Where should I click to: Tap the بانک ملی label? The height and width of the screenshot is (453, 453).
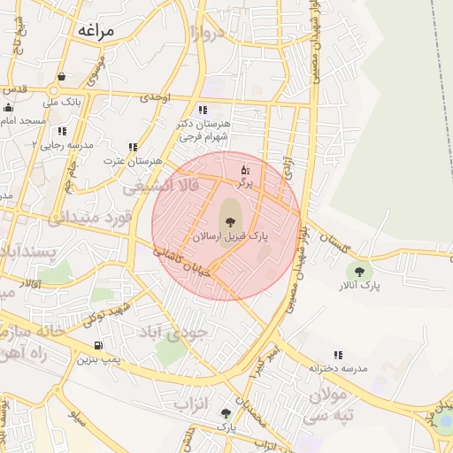point(62,102)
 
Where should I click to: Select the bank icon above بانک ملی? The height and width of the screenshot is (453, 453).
point(61,78)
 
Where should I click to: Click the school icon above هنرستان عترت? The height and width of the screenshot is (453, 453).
point(133,147)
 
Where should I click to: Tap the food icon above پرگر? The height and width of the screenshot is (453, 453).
point(245,168)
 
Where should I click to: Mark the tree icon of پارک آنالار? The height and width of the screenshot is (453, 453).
point(358,271)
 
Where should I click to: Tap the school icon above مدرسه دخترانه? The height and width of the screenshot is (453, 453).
point(338,355)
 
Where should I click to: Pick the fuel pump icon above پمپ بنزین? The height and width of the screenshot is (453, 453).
point(97,345)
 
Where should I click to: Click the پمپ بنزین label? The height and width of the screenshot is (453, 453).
point(97,359)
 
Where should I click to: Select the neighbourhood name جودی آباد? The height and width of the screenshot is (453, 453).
point(173,332)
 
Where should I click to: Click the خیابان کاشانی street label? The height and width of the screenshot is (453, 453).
point(183,263)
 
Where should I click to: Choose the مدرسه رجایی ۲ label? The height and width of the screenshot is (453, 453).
point(62,143)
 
